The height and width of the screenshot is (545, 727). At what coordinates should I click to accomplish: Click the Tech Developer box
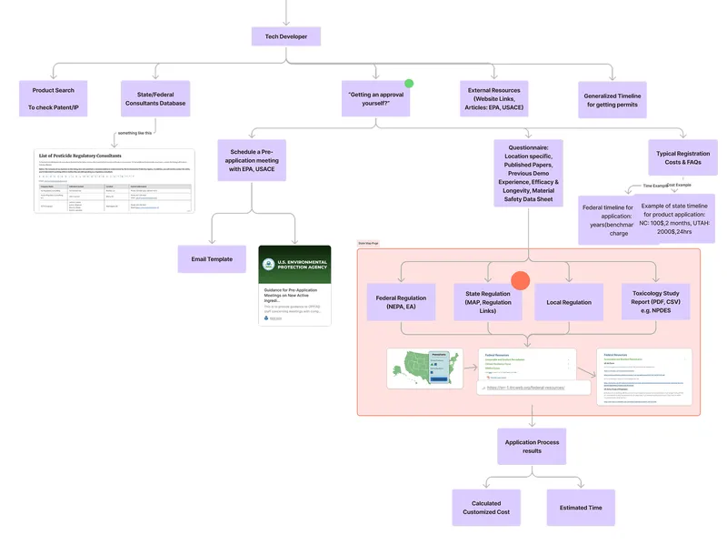pyautogui.click(x=285, y=36)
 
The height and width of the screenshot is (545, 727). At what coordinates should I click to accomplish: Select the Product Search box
pyautogui.click(x=53, y=99)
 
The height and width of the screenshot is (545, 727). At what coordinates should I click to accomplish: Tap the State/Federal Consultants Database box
pyautogui.click(x=154, y=99)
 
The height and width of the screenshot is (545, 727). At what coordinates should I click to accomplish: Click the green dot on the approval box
pyautogui.click(x=409, y=83)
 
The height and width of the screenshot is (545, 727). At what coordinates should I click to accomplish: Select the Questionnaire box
pyautogui.click(x=532, y=172)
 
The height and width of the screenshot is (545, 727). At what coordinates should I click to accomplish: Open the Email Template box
pyautogui.click(x=211, y=259)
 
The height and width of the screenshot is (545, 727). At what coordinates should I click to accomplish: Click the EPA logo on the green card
pyautogui.click(x=269, y=265)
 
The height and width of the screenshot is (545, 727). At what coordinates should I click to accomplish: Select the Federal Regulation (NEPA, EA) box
pyautogui.click(x=401, y=302)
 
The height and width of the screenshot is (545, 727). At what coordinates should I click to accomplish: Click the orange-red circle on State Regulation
pyautogui.click(x=520, y=281)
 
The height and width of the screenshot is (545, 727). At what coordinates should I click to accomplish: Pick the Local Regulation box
pyautogui.click(x=569, y=302)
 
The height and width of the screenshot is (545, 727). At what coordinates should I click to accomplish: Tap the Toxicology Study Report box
pyautogui.click(x=655, y=302)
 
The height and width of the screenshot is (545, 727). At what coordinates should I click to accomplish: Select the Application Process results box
pyautogui.click(x=532, y=447)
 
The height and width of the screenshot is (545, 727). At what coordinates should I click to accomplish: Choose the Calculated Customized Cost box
pyautogui.click(x=485, y=508)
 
